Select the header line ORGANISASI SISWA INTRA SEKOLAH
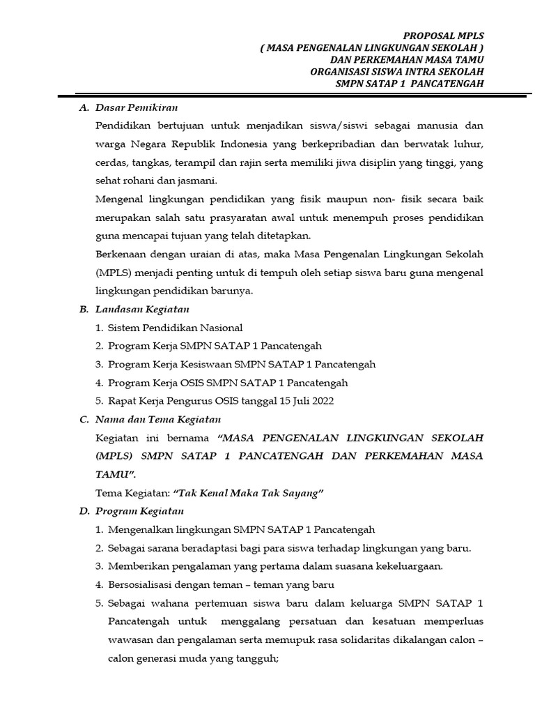(396, 71)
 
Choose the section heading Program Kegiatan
(139, 511)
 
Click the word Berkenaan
(120, 254)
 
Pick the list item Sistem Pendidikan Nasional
(175, 328)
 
